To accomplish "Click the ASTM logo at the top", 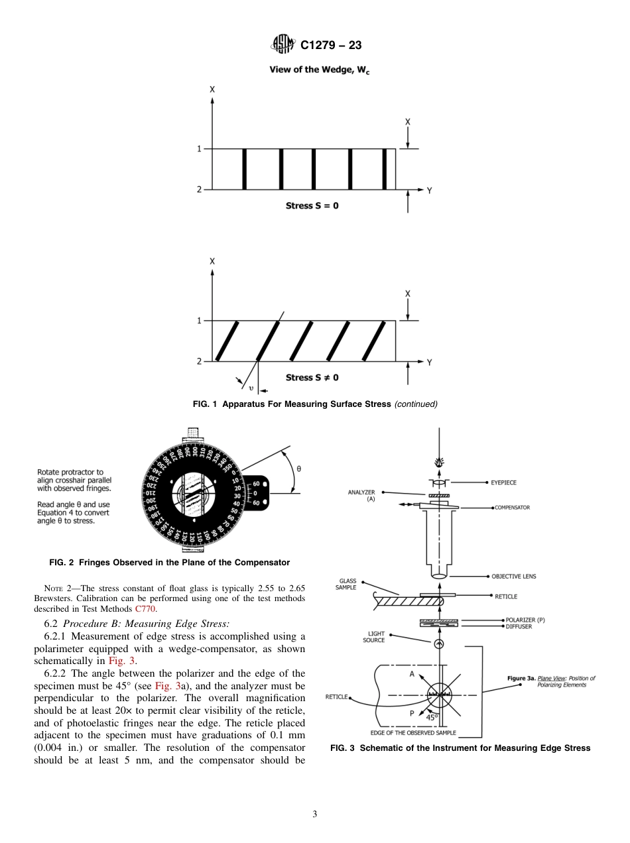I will point(282,45).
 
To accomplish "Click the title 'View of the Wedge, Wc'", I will point(319,70).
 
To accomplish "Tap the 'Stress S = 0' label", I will point(312,206).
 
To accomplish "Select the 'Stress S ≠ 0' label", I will point(312,378).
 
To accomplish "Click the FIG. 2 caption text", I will point(170,563).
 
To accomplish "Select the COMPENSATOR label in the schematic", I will point(512,508).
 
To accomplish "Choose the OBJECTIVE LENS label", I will point(513,577).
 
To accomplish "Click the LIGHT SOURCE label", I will point(373,637).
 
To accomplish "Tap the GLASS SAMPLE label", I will point(347,584).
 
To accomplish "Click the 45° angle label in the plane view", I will point(432,717).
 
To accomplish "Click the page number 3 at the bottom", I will point(315,815).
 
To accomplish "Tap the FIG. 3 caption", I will point(460,748).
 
